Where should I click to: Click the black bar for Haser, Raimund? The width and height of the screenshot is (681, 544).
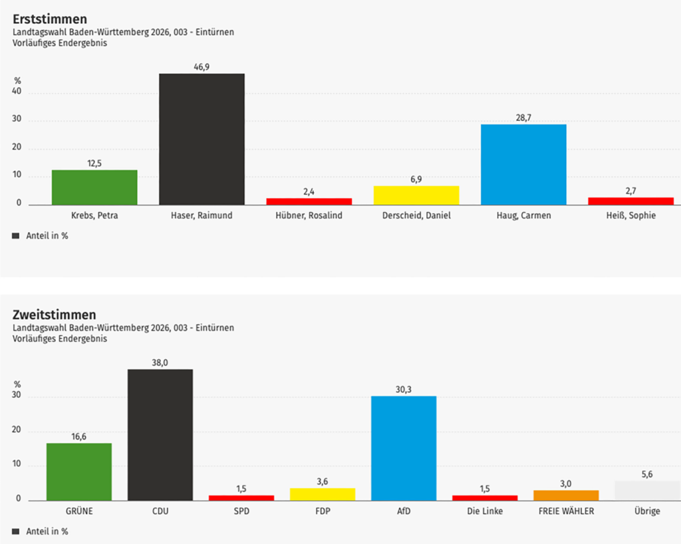202,139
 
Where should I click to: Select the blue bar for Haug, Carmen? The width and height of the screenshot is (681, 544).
523,164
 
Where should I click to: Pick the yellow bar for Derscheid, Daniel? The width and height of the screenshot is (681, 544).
416,195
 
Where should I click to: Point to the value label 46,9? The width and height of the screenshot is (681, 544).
202,67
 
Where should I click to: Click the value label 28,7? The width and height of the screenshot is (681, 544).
523,118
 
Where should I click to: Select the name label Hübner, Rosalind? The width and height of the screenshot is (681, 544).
309,215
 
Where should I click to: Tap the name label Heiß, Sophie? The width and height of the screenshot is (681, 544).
631,215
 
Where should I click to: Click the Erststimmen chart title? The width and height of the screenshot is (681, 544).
50,19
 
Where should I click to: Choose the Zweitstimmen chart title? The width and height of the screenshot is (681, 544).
55,315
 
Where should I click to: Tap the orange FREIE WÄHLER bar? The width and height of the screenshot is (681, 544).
566,495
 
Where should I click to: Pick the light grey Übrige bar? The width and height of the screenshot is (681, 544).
647,491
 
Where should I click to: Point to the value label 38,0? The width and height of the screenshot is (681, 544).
160,362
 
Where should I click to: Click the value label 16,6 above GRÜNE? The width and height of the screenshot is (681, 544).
79,436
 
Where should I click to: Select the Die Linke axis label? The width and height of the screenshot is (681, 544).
485,511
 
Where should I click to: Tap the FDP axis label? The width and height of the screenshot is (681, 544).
323,511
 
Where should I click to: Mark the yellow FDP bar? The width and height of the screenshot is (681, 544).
323,494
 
